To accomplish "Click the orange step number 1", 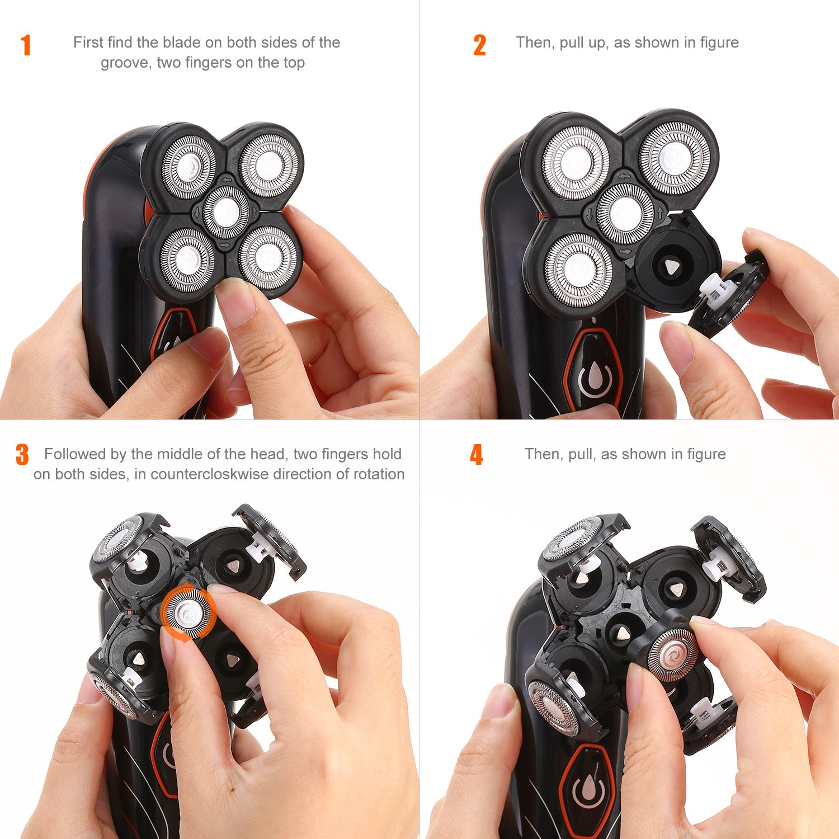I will pyautogui.click(x=26, y=45).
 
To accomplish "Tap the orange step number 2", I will pyautogui.click(x=479, y=45).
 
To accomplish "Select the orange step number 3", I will pyautogui.click(x=22, y=455).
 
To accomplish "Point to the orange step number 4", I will pyautogui.click(x=476, y=455).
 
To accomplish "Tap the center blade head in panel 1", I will pyautogui.click(x=226, y=211).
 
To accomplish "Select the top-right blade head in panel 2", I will pyautogui.click(x=675, y=158).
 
